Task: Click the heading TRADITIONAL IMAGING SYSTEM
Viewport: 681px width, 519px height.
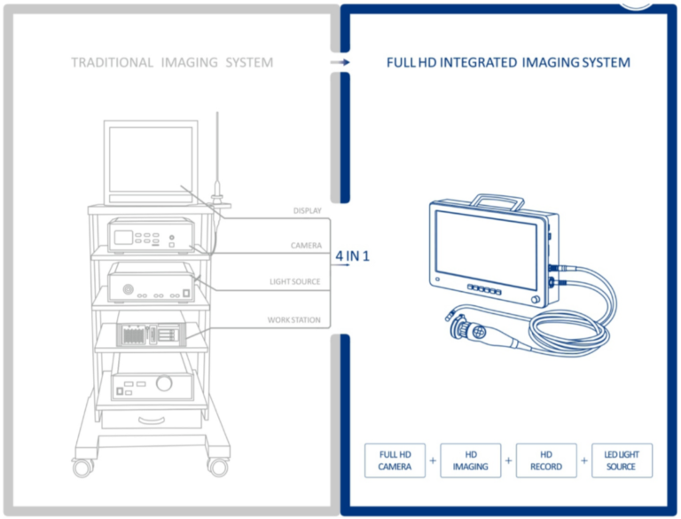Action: tap(172, 63)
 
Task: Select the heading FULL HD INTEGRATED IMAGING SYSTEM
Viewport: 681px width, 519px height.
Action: tap(508, 63)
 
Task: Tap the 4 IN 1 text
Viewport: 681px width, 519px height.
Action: tap(353, 256)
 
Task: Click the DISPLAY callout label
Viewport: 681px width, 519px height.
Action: tap(307, 211)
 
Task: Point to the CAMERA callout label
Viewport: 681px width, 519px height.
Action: tap(306, 246)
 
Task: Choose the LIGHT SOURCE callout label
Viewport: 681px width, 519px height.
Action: tap(295, 282)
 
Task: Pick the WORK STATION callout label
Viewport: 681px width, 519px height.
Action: tap(294, 319)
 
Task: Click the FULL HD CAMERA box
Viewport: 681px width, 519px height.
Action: tap(395, 460)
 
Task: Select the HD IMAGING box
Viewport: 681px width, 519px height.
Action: tap(470, 460)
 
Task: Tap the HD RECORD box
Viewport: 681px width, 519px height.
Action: tap(545, 460)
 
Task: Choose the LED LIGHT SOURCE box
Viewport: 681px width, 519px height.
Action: tap(622, 460)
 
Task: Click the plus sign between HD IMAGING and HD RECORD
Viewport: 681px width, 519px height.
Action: tap(508, 461)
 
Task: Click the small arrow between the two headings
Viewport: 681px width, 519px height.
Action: tap(339, 63)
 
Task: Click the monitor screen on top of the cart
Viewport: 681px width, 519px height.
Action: tap(150, 163)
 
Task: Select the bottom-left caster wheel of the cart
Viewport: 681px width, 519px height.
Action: tap(82, 466)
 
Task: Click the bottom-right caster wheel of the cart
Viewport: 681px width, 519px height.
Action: tap(217, 466)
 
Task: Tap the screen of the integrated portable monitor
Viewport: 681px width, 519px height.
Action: tap(487, 248)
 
